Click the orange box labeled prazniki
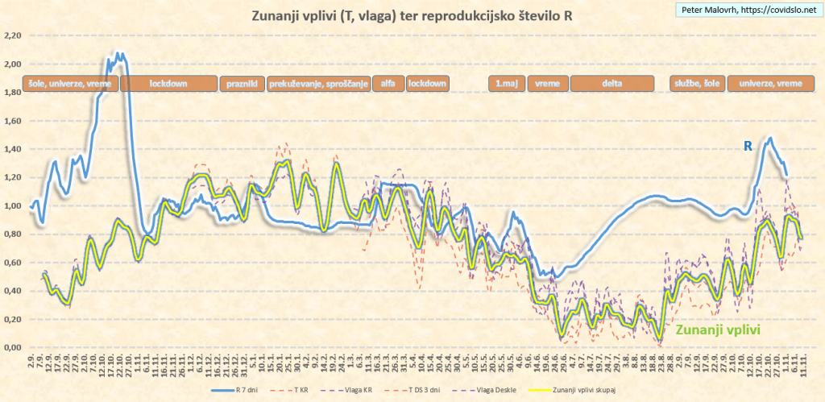[x=242, y=83]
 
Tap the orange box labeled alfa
[x=388, y=83]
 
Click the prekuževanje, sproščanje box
[x=318, y=83]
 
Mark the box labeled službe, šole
[x=696, y=83]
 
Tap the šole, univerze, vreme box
[x=70, y=83]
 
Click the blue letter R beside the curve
[x=748, y=146]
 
